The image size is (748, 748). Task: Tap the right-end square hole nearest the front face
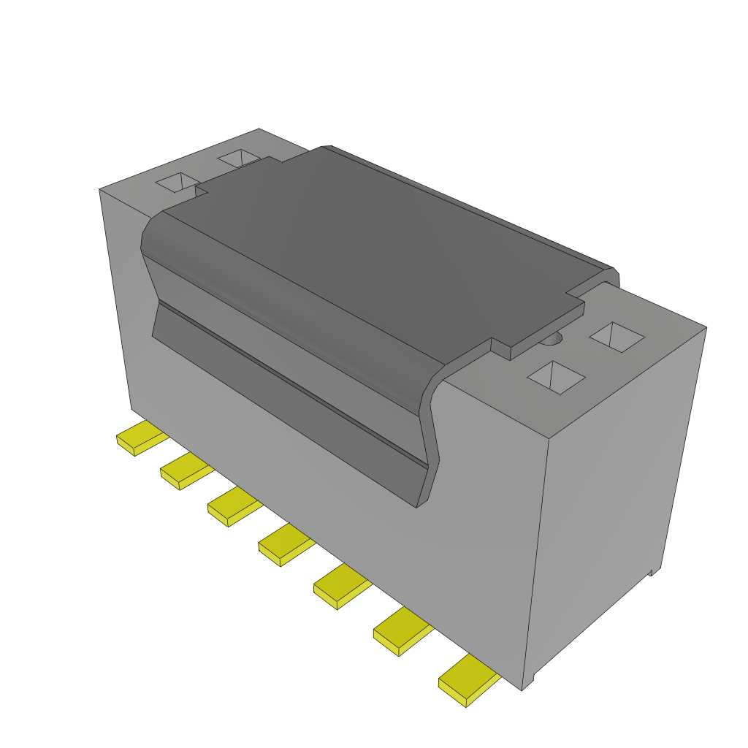point(556,377)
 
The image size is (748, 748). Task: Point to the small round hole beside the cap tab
point(553,338)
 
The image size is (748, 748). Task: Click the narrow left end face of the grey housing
point(117,292)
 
